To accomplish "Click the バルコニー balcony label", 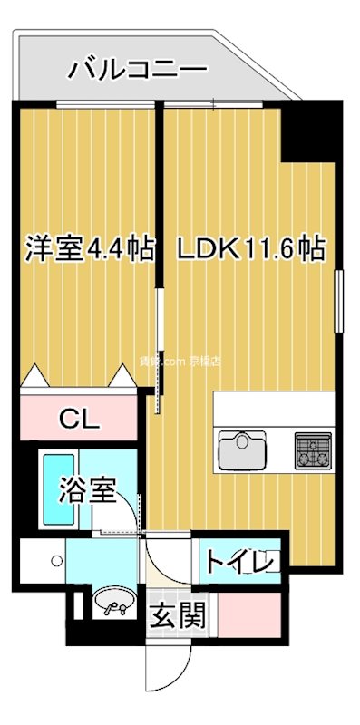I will [138, 67].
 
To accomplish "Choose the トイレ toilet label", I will [238, 562].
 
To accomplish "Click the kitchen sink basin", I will [240, 449].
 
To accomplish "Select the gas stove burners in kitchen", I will [313, 448].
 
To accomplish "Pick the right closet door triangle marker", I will [122, 374].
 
